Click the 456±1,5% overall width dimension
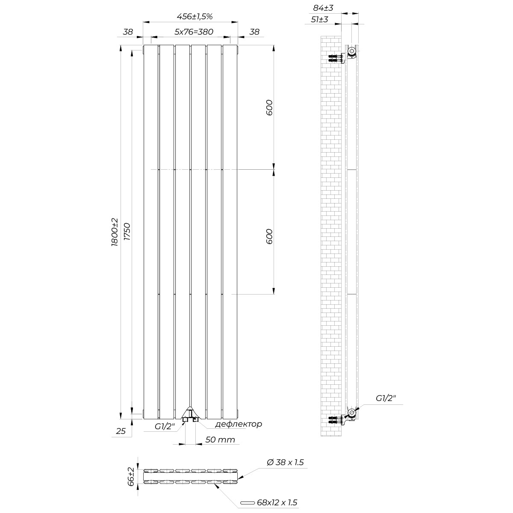pos(195,17)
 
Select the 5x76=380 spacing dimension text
pos(194,32)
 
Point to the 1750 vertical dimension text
pos(127,232)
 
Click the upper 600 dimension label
pos(269,107)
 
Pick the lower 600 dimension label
pos(269,236)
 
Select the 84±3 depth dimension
pos(323,8)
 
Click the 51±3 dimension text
pos(319,19)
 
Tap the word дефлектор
pos(239,424)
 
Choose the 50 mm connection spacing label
pos(220,439)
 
